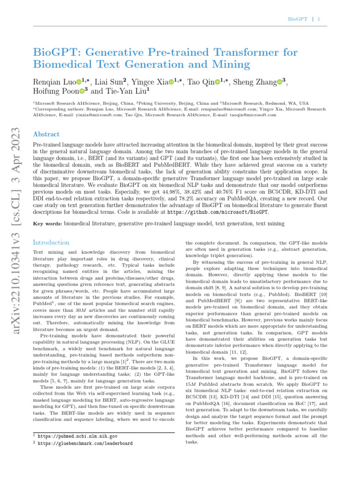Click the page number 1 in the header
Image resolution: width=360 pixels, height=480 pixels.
click(x=319, y=19)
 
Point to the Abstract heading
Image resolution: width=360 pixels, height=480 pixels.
click(x=46, y=134)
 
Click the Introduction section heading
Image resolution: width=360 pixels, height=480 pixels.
click(x=51, y=242)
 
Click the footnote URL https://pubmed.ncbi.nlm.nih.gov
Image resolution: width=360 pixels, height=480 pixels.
click(x=77, y=436)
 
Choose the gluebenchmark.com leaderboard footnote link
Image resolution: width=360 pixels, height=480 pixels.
click(x=85, y=443)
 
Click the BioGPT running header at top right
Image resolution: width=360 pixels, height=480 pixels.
click(x=298, y=19)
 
